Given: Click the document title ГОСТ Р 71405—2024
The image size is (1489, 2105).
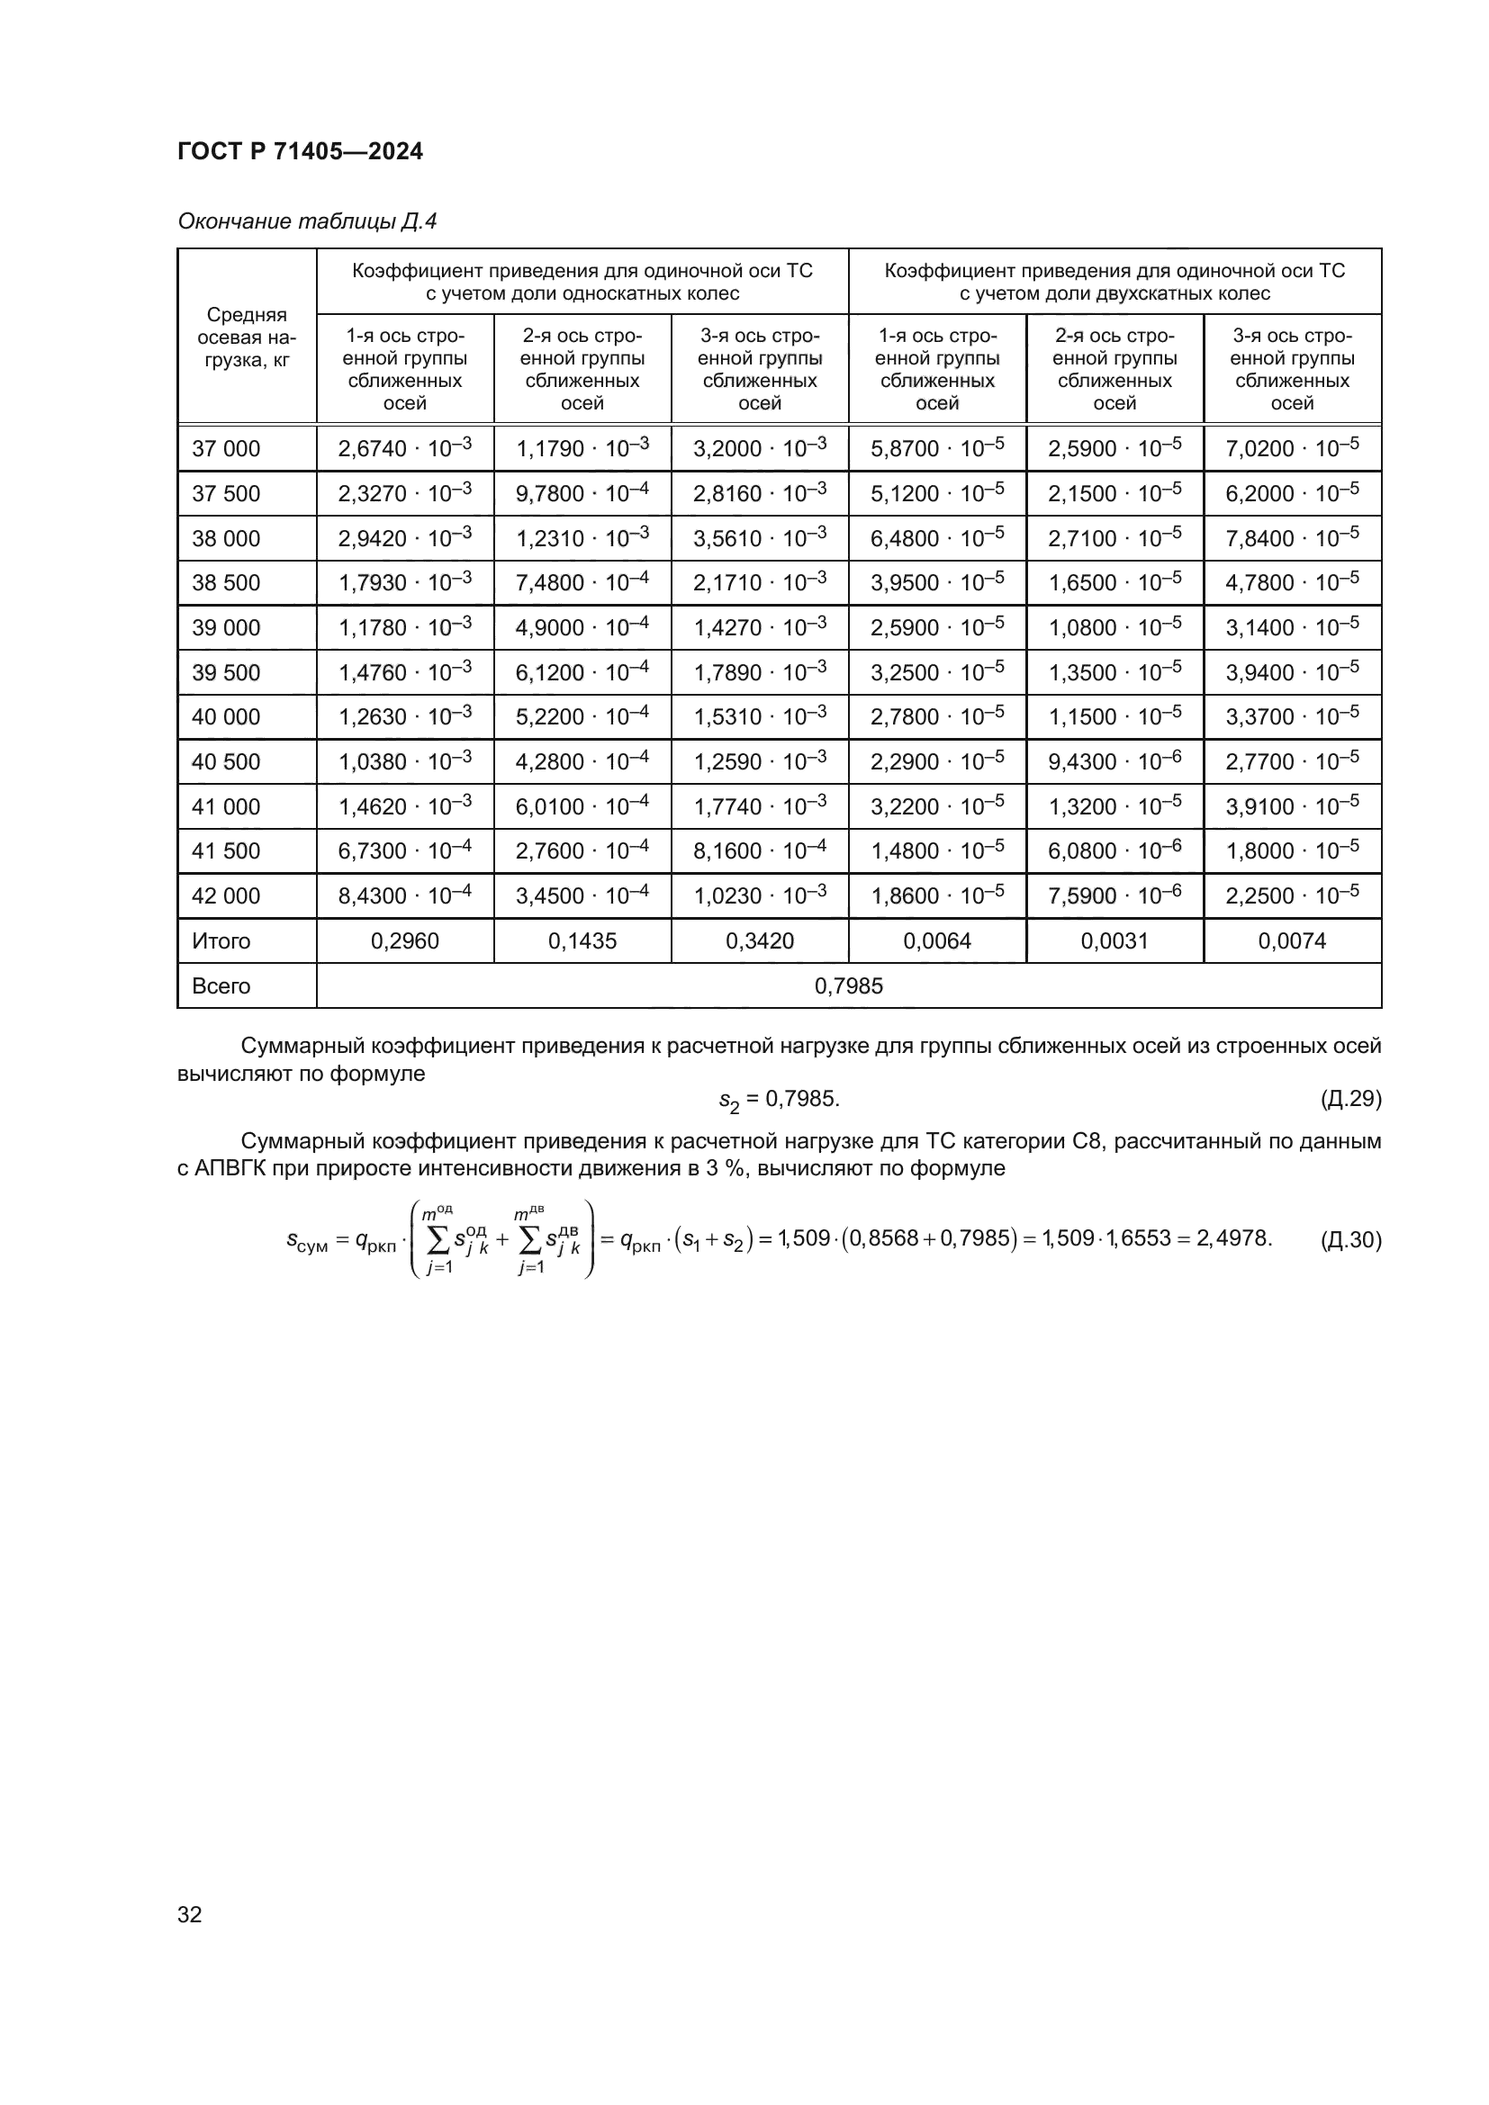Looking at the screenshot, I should (300, 151).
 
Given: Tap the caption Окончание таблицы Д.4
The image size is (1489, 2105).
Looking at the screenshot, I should (306, 221).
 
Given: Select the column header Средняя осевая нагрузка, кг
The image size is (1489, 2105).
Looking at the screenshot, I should (247, 337).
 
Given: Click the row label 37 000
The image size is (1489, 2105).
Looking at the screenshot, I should (226, 448).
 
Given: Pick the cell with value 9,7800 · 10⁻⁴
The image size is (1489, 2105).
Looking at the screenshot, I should (582, 493).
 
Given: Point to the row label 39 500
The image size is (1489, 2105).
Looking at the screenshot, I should (226, 672).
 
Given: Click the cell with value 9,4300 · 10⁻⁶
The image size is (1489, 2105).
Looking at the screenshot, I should (1114, 761).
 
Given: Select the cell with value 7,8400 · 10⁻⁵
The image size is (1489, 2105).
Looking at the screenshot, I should (1292, 538).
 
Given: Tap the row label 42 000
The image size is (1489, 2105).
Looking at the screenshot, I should (226, 895).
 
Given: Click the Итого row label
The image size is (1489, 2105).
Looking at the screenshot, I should (221, 940).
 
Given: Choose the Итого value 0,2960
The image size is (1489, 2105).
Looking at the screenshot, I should (404, 940).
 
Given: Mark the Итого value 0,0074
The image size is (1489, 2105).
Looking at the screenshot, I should (1292, 940).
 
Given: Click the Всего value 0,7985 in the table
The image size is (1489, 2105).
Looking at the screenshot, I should (848, 985).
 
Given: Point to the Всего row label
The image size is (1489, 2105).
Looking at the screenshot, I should (221, 985).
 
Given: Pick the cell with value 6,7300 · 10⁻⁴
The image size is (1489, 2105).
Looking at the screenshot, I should (404, 850).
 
